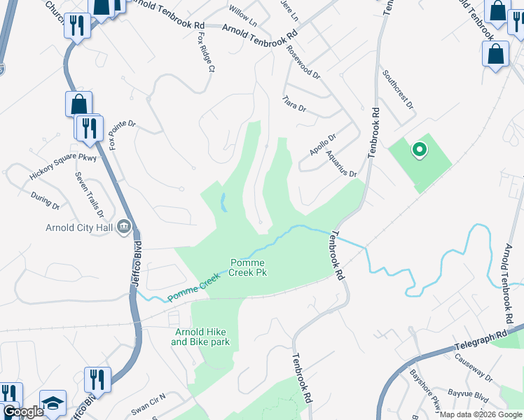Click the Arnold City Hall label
point(78,226)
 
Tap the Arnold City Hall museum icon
point(125,225)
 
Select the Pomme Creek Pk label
point(249,267)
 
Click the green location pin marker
point(419,149)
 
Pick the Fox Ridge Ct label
point(205,53)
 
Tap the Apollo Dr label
point(323,145)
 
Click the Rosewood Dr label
point(303,62)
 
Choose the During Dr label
point(46,201)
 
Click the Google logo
point(22,411)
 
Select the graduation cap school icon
point(52,402)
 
